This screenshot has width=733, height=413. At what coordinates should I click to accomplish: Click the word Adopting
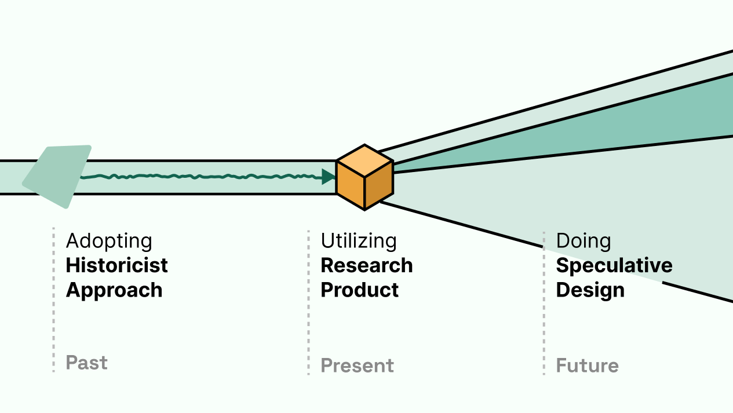point(109,241)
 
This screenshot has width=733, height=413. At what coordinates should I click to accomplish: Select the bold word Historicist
point(116,265)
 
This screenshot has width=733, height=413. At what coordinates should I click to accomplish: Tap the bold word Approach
point(114,290)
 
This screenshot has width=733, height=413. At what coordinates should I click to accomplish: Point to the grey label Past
point(86,363)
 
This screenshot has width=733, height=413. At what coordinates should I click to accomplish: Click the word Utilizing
point(359,241)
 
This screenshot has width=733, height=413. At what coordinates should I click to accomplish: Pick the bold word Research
point(366,265)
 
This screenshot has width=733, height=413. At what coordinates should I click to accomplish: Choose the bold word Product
point(359,290)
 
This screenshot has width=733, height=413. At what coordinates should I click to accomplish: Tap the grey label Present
point(357,366)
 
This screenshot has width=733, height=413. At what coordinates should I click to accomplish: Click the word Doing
point(583,241)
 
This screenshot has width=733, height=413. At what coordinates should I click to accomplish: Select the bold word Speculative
point(614,265)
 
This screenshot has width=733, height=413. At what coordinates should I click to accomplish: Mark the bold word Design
point(590,290)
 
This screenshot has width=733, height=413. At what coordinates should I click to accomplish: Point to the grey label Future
point(587,366)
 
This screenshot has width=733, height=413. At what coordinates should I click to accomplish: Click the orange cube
point(364,177)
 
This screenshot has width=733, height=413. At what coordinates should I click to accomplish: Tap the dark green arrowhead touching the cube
point(329,177)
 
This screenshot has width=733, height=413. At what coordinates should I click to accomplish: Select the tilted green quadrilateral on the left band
point(58,175)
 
